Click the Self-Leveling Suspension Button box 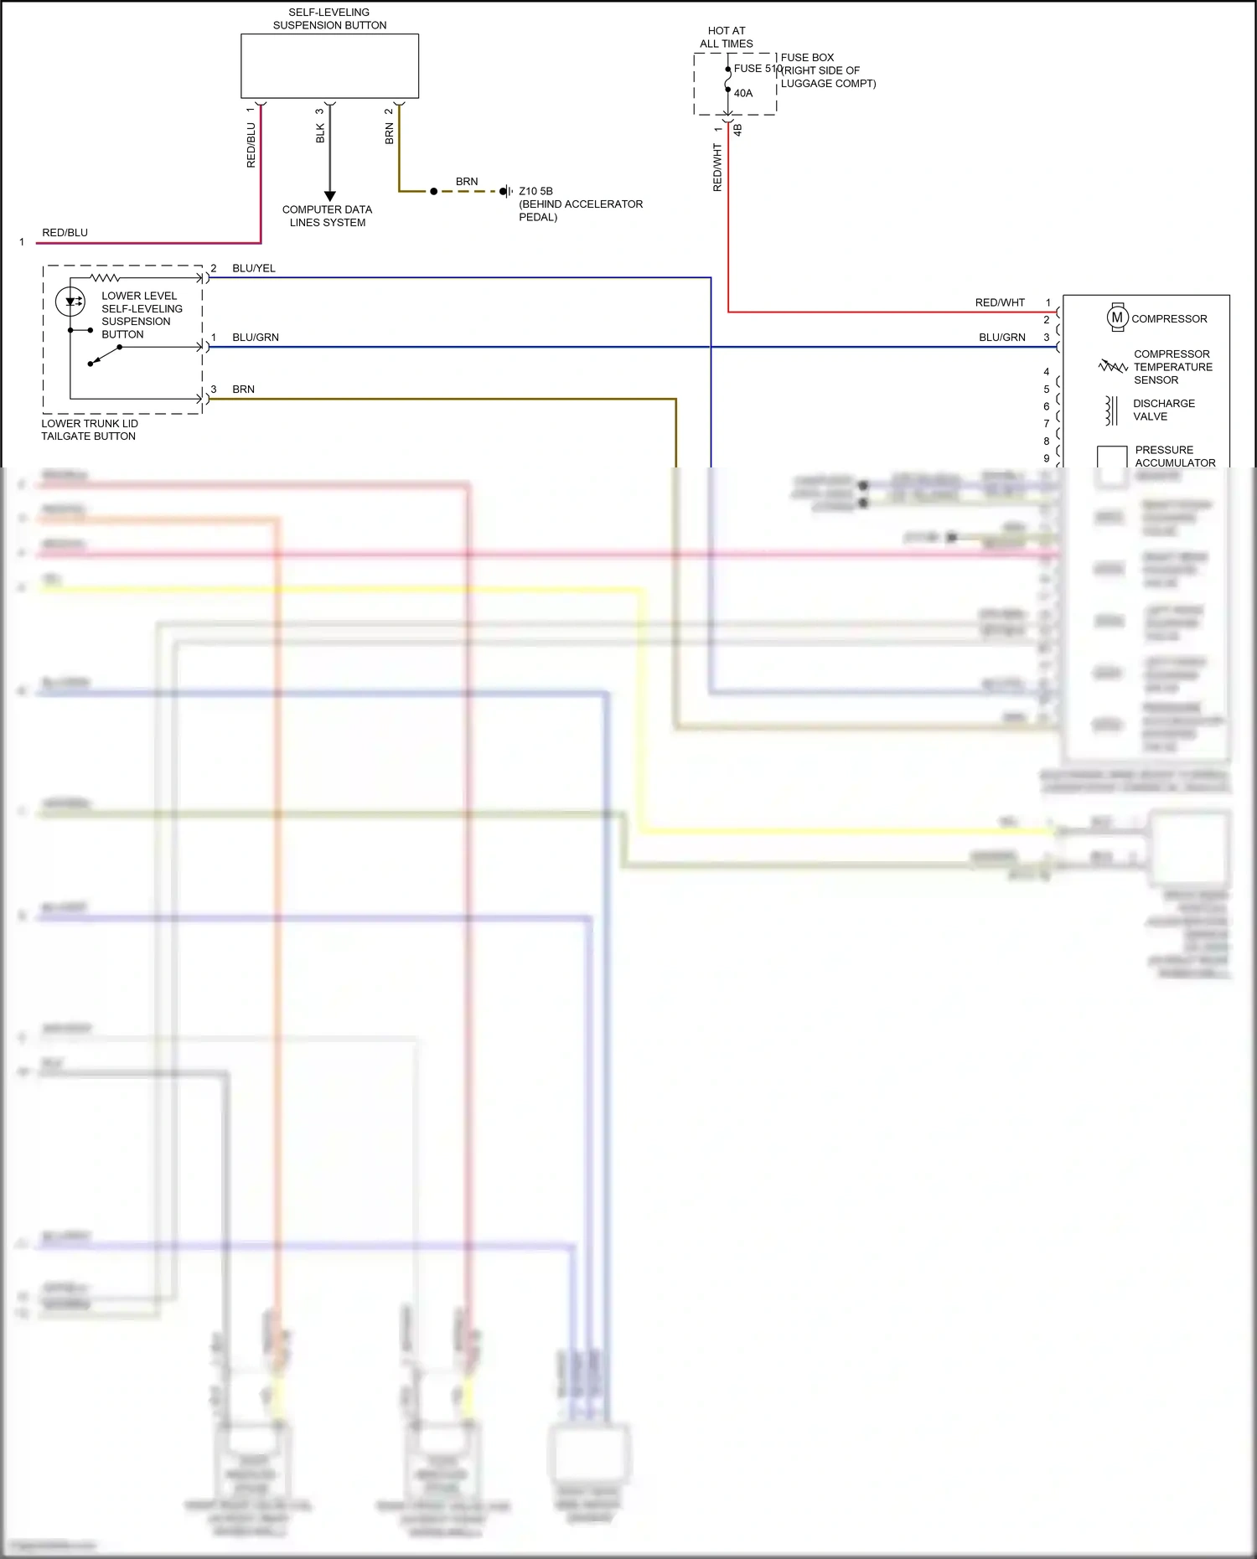pos(329,66)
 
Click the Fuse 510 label pos(758,69)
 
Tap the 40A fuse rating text pos(743,93)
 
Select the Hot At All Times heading pos(727,37)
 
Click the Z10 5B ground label pos(535,191)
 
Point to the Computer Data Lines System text pos(328,216)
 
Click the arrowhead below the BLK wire pos(329,196)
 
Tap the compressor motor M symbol pos(1117,317)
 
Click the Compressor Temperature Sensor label pos(1172,367)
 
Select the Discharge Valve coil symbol pos(1111,410)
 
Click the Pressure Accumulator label pos(1174,456)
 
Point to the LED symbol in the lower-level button pos(70,301)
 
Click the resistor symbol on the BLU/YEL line pos(106,277)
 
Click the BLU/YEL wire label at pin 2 pos(253,268)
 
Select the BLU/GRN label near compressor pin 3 pos(1001,338)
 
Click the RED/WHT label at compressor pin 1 pos(999,302)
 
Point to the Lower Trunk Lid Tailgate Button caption pos(89,430)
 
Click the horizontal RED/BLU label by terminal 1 pos(65,233)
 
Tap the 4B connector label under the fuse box pos(737,130)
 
